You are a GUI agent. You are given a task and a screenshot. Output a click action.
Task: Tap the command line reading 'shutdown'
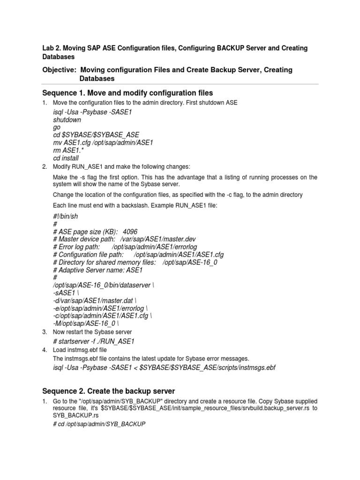[x=67, y=120]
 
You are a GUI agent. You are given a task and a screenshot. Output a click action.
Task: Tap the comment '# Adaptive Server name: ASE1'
[x=98, y=270]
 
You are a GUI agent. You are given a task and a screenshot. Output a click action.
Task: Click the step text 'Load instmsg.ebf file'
[x=80, y=350]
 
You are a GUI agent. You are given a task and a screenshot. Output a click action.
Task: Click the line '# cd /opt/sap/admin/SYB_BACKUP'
[x=99, y=424]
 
